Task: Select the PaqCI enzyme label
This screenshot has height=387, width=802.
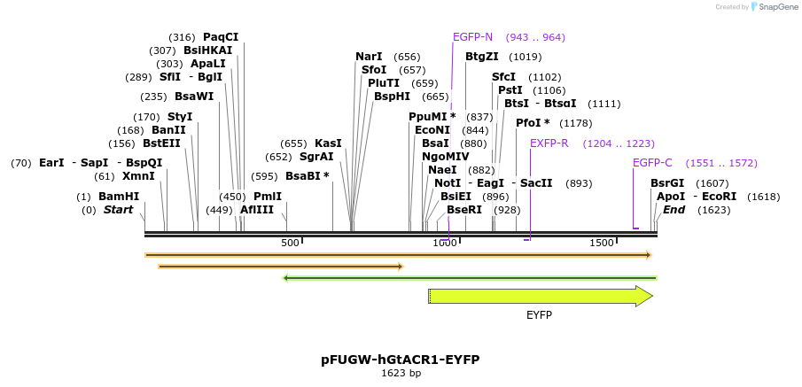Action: coord(221,37)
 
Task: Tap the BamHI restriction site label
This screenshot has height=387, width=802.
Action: coord(118,197)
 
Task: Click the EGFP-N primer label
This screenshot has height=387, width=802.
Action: coord(472,37)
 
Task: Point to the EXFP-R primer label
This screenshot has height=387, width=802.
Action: coord(549,143)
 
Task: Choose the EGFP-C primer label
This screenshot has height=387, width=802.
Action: coord(652,163)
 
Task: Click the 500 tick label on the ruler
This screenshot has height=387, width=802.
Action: coord(290,243)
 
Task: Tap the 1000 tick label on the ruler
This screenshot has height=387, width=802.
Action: coord(444,243)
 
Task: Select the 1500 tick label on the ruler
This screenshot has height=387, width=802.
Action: coord(601,243)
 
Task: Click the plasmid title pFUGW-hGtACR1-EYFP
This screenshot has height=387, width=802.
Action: coord(401,360)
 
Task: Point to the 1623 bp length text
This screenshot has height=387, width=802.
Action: coord(401,374)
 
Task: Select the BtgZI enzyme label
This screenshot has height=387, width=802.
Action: coord(482,57)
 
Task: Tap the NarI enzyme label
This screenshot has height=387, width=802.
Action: coord(369,57)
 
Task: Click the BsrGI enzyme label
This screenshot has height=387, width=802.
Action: coord(667,183)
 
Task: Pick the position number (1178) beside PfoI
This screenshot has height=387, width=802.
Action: coord(576,123)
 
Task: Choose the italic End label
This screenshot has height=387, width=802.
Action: coord(674,210)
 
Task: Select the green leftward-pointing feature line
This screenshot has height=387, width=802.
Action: coord(470,278)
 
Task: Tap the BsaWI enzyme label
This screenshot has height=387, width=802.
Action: coord(194,97)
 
